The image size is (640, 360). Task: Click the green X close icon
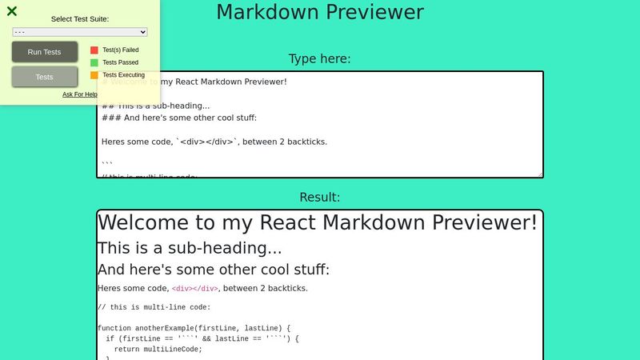click(x=12, y=11)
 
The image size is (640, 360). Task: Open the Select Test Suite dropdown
click(x=80, y=32)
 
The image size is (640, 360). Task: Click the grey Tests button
click(x=45, y=77)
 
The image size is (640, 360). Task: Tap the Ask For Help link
click(x=80, y=94)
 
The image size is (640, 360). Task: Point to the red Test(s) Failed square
click(x=94, y=50)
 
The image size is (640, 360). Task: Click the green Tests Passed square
click(x=94, y=62)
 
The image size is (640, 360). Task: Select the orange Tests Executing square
click(x=94, y=75)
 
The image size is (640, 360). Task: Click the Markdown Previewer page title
click(x=320, y=13)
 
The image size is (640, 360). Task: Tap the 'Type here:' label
click(x=320, y=58)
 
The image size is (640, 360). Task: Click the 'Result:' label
click(x=320, y=197)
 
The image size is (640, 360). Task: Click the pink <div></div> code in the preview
click(x=195, y=289)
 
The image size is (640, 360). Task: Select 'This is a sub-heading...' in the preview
click(x=190, y=248)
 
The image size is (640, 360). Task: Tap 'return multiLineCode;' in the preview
click(x=158, y=349)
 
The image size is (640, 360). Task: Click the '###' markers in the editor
click(x=110, y=118)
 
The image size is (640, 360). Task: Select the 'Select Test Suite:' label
click(x=80, y=18)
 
